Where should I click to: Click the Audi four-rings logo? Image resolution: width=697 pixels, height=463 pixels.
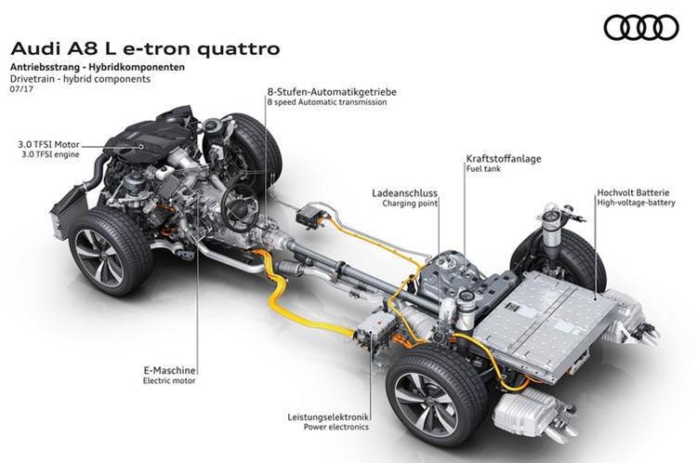(x=641, y=28)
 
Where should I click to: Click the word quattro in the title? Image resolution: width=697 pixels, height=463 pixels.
(x=238, y=48)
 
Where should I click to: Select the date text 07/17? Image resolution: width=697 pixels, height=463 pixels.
(x=21, y=89)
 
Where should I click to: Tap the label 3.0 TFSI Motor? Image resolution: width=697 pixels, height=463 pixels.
(x=48, y=144)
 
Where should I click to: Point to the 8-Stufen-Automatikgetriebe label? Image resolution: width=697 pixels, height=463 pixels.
(x=332, y=92)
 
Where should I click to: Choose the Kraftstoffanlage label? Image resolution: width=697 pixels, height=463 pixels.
(x=504, y=158)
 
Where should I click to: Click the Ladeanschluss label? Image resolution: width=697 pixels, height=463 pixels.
(x=404, y=193)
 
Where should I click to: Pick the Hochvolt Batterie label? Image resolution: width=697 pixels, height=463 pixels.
(x=633, y=192)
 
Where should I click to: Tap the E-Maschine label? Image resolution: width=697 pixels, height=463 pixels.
(x=169, y=370)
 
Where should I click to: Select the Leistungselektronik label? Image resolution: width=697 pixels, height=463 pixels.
(x=328, y=417)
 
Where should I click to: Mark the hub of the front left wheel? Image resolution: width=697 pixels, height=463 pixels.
(x=99, y=258)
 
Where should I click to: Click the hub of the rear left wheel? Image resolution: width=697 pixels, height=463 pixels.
(x=425, y=402)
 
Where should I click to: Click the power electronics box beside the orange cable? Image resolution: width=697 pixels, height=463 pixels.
(x=375, y=332)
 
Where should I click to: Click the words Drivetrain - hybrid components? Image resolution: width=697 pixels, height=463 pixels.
(x=80, y=79)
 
